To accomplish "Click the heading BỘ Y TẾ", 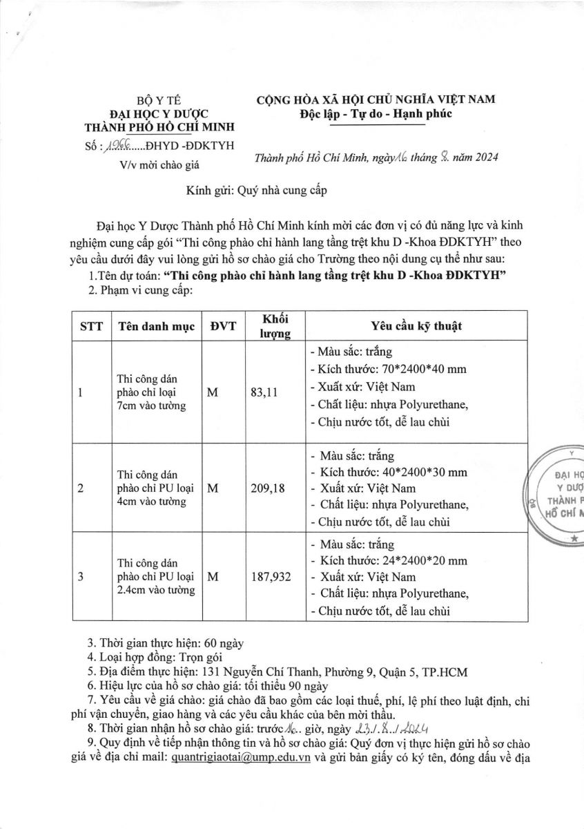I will coord(159,100).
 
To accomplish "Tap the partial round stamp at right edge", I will coord(558,494).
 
